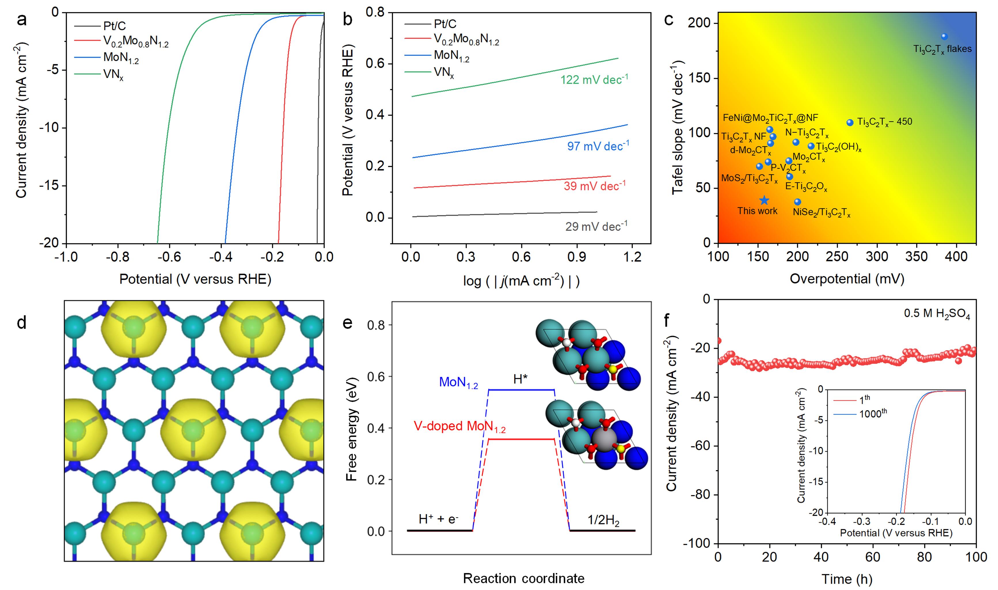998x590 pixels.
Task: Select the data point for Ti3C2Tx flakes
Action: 944,37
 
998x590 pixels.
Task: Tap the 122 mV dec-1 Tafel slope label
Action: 594,79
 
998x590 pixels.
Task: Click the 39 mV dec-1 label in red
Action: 594,186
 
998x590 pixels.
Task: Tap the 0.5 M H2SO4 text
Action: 937,314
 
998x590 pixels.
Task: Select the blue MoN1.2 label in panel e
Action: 458,383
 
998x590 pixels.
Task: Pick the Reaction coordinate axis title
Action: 523,578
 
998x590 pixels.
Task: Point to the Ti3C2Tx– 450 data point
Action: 850,122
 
